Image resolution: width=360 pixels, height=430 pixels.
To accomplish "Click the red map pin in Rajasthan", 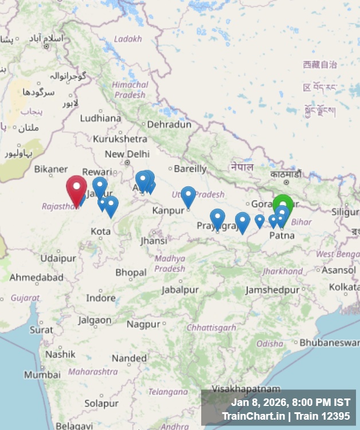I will click(x=76, y=189).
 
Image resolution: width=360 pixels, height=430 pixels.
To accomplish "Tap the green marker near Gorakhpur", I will click(x=282, y=204).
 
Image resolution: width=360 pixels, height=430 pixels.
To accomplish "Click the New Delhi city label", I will click(x=127, y=154).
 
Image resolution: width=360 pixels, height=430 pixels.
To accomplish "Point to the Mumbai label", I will click(x=42, y=374).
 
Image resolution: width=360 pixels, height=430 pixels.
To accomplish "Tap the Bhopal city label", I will click(x=131, y=272).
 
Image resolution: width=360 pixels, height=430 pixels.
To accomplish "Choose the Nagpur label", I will click(x=143, y=324).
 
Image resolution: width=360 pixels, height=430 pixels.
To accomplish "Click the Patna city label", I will click(x=281, y=235).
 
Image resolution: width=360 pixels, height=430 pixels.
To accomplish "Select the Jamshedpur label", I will click(x=272, y=290).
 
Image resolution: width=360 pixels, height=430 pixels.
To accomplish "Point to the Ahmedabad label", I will click(x=37, y=277).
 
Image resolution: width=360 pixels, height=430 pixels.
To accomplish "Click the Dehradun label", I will click(x=169, y=124).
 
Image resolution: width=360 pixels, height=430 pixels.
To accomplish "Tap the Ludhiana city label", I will click(x=100, y=118).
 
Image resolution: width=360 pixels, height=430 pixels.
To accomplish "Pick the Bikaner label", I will click(x=51, y=169).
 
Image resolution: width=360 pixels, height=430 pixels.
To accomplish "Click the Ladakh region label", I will click(x=128, y=39).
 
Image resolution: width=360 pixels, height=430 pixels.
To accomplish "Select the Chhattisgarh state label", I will click(x=212, y=327).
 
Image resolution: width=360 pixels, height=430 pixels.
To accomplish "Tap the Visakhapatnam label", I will click(x=246, y=389).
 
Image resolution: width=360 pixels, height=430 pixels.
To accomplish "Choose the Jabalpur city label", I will click(x=180, y=290).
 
